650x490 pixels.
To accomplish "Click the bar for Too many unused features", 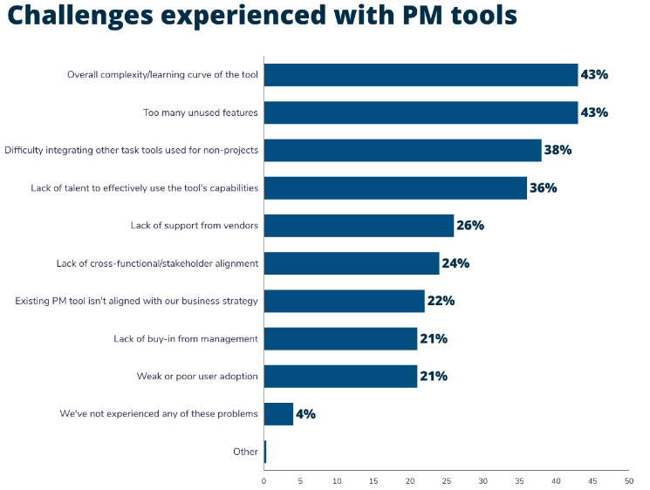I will [421, 112].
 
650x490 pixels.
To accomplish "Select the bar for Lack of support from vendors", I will [359, 226].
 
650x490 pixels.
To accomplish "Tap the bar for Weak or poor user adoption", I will [340, 377].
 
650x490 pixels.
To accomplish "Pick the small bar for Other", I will [265, 452].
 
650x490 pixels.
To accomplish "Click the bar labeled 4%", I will [278, 414].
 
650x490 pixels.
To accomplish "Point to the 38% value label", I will [558, 150].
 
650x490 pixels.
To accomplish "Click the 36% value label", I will [543, 187].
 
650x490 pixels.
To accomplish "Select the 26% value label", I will [469, 226].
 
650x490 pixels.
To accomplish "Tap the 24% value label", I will [455, 263].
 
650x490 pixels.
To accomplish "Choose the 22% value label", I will [441, 301].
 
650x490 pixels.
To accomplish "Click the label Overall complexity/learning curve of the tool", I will [162, 75].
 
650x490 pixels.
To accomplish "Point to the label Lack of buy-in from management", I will [186, 339].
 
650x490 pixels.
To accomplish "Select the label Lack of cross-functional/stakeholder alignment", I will [157, 263].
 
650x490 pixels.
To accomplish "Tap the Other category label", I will [245, 452].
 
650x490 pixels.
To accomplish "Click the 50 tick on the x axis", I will [628, 480].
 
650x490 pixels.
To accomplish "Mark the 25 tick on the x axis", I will [446, 480].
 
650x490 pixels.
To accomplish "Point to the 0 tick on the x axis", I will [263, 480].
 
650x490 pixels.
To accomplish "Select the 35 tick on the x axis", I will [519, 480].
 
